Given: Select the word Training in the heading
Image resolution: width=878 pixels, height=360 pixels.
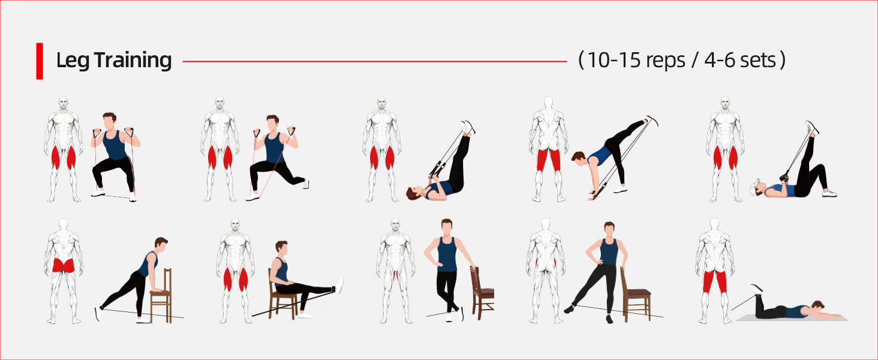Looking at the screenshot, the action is tap(133, 61).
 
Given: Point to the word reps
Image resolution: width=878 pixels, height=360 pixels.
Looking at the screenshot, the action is tap(666, 61).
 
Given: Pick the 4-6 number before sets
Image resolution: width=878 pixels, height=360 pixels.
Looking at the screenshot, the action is tap(719, 60).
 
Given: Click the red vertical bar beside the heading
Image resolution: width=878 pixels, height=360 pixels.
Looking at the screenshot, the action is tap(40, 61).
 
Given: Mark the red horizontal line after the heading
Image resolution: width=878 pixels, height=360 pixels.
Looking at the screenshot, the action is tap(375, 61).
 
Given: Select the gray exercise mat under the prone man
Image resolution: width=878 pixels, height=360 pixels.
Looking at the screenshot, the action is tap(792, 317).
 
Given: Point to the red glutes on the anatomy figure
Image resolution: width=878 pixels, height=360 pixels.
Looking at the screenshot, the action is tap(64, 265).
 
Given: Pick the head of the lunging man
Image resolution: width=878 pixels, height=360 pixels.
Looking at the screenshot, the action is tap(272, 124).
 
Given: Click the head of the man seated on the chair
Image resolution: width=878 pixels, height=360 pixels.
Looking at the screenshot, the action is tap(281, 247).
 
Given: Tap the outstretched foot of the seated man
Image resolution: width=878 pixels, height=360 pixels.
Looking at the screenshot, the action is tap(339, 286).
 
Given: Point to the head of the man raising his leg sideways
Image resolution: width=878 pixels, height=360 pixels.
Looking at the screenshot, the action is tap(609, 229).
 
